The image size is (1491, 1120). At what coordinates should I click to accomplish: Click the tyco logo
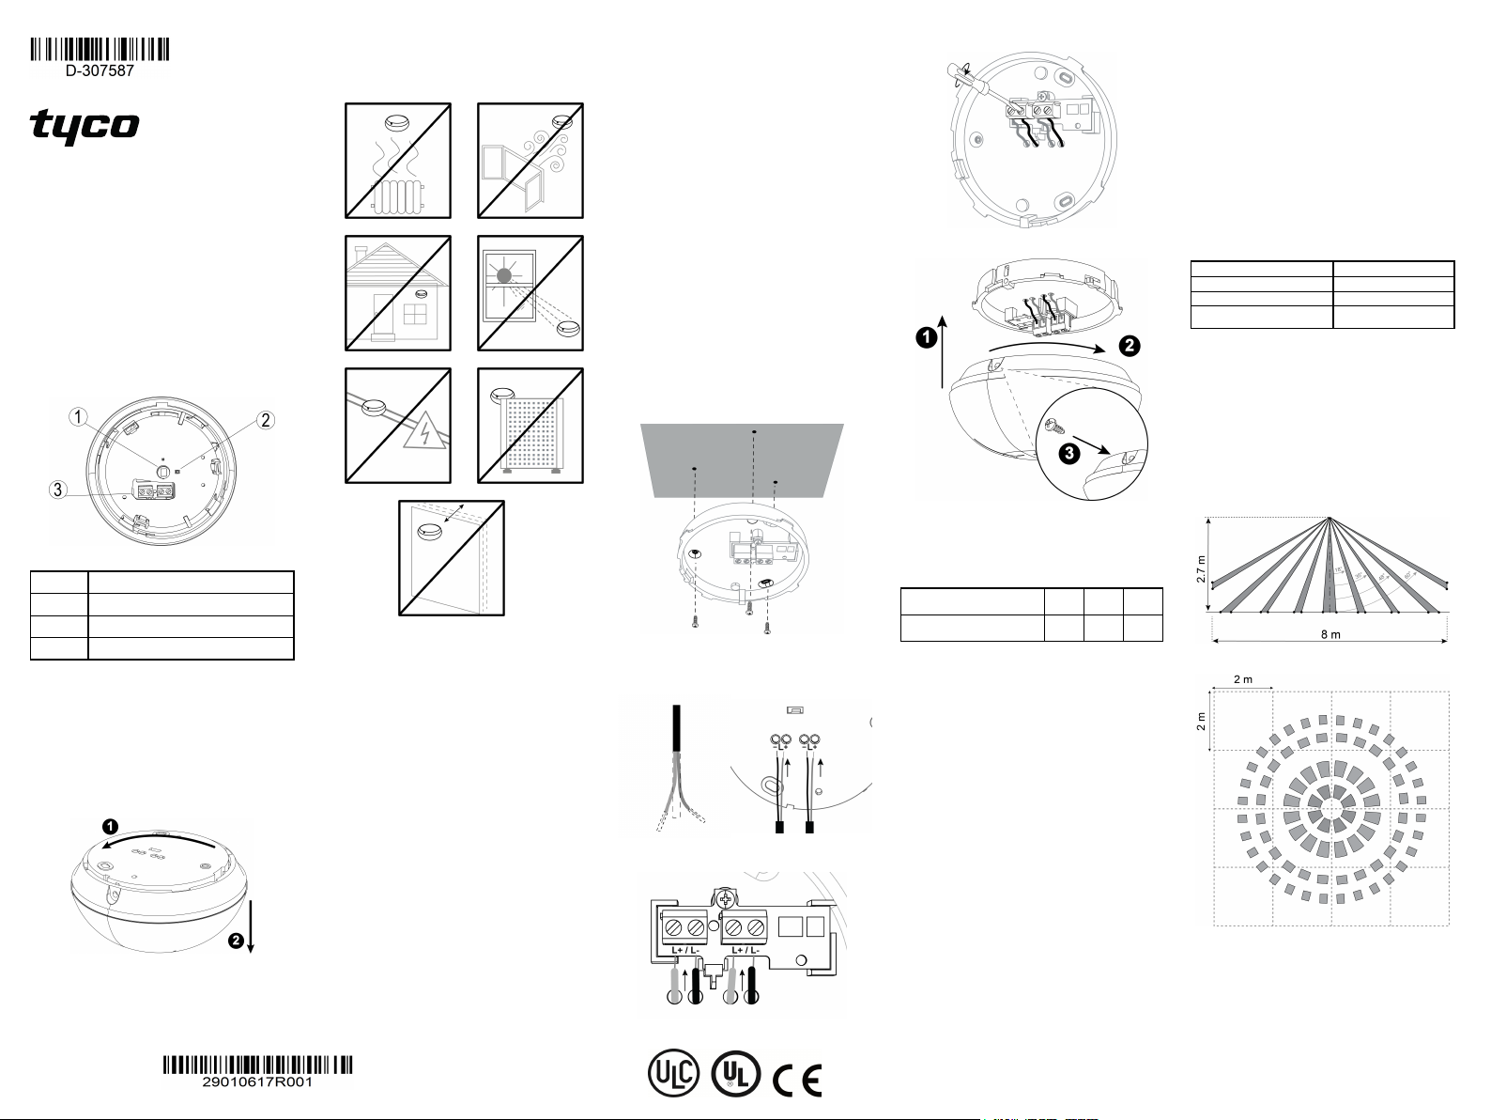click(x=85, y=127)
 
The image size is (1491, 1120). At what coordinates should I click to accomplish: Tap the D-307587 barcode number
click(x=100, y=70)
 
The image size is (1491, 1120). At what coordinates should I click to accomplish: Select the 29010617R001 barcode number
click(x=257, y=1081)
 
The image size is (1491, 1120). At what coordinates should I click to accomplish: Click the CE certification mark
click(x=797, y=1080)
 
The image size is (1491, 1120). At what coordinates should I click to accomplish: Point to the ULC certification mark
click(x=673, y=1074)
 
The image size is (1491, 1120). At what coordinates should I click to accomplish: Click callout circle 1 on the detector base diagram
click(x=79, y=416)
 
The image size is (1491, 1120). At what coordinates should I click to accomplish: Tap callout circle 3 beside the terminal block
click(x=58, y=489)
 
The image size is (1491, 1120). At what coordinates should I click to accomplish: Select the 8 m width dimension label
click(x=1330, y=634)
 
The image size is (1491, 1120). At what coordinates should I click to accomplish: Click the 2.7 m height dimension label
click(x=1201, y=568)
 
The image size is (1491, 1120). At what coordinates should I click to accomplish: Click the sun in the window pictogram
click(x=504, y=275)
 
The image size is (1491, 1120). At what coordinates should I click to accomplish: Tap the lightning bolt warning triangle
click(x=425, y=433)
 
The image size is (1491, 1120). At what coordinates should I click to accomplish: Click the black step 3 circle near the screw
click(x=1069, y=453)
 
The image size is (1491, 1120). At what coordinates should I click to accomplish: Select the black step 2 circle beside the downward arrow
click(x=236, y=941)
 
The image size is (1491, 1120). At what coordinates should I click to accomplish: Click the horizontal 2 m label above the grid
click(x=1243, y=679)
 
